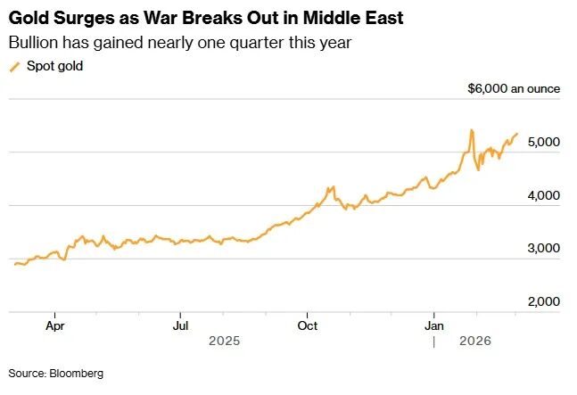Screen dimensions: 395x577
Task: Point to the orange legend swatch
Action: pyautogui.click(x=13, y=67)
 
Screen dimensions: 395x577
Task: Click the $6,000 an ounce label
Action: pyautogui.click(x=513, y=89)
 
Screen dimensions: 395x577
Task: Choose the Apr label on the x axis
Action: pyautogui.click(x=54, y=325)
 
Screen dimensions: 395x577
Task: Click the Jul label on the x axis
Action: pyautogui.click(x=180, y=325)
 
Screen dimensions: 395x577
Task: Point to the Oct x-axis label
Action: pyautogui.click(x=308, y=325)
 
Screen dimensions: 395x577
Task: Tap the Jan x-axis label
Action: pyautogui.click(x=434, y=325)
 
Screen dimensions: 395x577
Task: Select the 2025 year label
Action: pyautogui.click(x=225, y=341)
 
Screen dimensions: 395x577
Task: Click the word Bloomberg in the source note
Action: pyautogui.click(x=75, y=373)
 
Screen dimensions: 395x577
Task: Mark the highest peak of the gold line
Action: pyautogui.click(x=471, y=130)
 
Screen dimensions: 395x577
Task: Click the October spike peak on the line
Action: pyautogui.click(x=332, y=187)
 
